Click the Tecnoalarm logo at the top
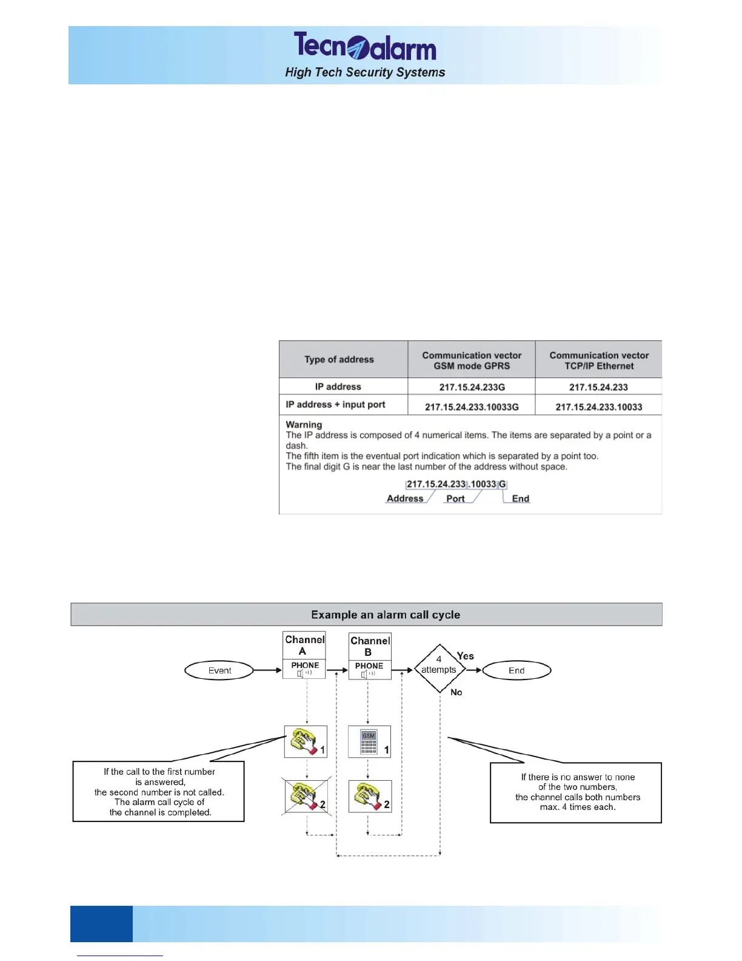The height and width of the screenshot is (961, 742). pyautogui.click(x=365, y=46)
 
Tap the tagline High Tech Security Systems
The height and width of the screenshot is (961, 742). pyautogui.click(x=365, y=72)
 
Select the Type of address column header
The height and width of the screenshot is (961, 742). pyautogui.click(x=339, y=359)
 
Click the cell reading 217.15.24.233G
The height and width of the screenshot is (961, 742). pyautogui.click(x=472, y=387)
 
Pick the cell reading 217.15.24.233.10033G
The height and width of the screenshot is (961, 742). pyautogui.click(x=472, y=406)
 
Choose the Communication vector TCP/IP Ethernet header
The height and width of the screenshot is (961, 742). pyautogui.click(x=599, y=360)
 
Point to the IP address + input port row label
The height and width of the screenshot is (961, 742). pyautogui.click(x=335, y=405)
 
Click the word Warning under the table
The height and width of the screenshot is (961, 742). pyautogui.click(x=304, y=425)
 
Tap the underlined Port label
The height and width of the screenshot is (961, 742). pyautogui.click(x=455, y=499)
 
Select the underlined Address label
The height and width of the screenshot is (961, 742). pyautogui.click(x=405, y=499)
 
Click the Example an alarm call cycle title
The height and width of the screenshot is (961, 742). pyautogui.click(x=386, y=615)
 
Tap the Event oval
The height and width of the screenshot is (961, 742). pyautogui.click(x=219, y=670)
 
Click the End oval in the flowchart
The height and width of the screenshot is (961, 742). pyautogui.click(x=516, y=670)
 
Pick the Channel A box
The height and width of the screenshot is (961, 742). pyautogui.click(x=304, y=646)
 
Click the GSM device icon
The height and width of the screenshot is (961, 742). pyautogui.click(x=369, y=742)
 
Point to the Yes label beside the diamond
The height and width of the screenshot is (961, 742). pyautogui.click(x=466, y=656)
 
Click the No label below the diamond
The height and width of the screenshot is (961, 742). pyautogui.click(x=456, y=692)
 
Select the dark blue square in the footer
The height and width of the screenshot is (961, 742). pyautogui.click(x=101, y=923)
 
